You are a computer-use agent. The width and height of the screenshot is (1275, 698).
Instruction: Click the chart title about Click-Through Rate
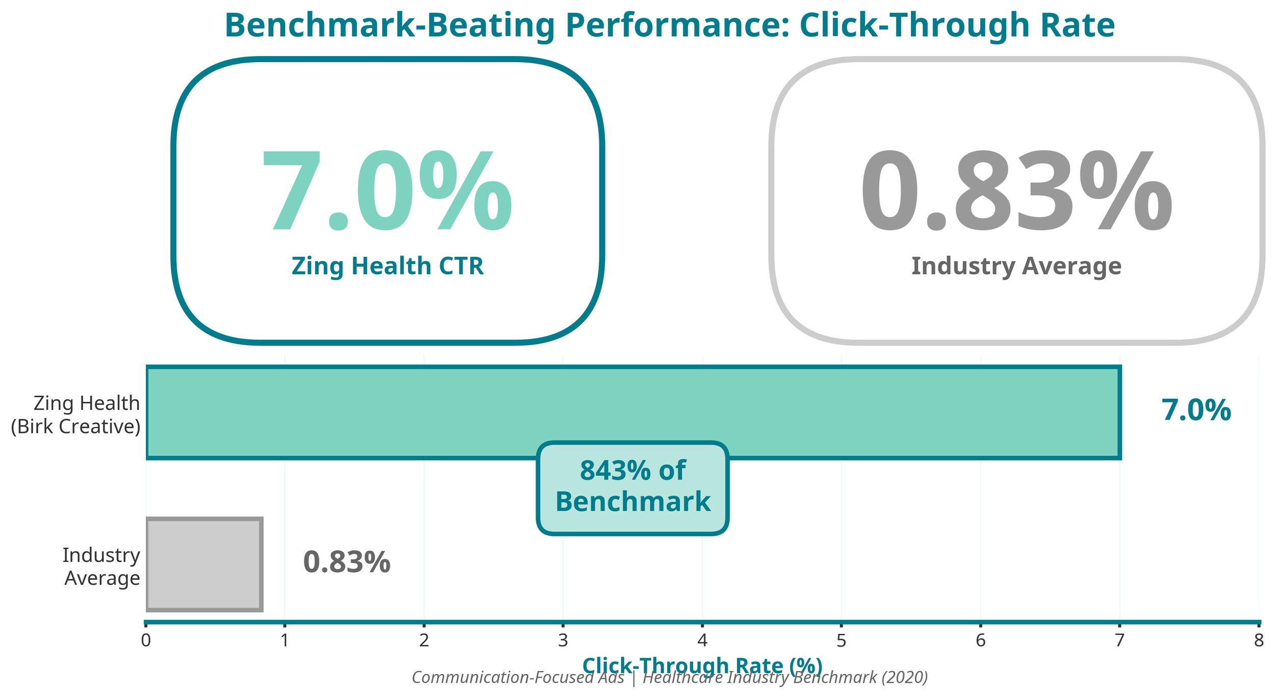pos(669,25)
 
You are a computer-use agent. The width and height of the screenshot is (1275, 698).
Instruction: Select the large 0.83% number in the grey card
pos(1016,191)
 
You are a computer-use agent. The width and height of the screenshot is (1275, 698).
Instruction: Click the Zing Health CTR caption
pos(388,266)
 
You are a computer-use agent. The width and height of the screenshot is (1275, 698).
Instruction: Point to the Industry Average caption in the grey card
pos(1016,266)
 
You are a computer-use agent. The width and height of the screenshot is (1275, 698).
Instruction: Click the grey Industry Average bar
pos(204,564)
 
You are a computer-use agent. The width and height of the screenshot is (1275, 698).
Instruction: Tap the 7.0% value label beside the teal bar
pos(1196,410)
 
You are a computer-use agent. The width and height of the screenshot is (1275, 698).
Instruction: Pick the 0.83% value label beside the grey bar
pos(347,562)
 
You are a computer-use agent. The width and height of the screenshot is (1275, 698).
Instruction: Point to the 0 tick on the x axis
pos(146,640)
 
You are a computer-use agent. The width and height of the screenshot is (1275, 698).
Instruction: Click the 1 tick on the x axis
pos(285,640)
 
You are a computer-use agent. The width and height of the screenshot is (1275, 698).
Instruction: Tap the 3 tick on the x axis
pos(563,640)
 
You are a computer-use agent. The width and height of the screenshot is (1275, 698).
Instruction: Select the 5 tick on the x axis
pos(841,640)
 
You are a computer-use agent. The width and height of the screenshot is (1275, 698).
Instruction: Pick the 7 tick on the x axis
pos(1119,640)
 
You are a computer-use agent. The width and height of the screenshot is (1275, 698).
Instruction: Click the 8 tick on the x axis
pos(1259,640)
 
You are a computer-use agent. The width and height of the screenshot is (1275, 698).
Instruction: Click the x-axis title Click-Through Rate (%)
pos(702,665)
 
